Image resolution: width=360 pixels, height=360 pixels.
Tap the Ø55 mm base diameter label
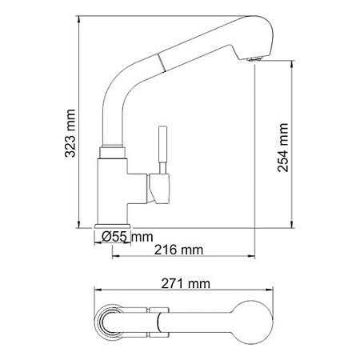128,236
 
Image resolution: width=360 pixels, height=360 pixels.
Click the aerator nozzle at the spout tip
257,58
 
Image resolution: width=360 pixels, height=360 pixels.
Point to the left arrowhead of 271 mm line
95,291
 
